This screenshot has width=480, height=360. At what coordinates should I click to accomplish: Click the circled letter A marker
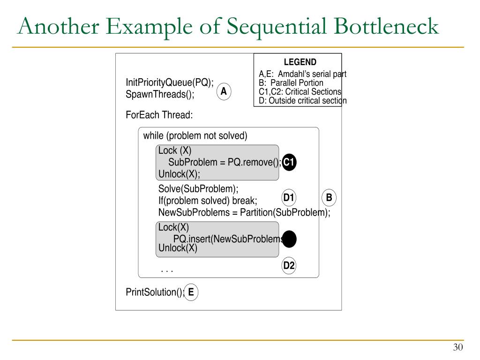click(x=224, y=92)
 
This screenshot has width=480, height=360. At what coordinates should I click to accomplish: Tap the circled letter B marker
click(x=329, y=198)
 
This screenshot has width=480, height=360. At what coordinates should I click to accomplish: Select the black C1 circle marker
click(x=289, y=162)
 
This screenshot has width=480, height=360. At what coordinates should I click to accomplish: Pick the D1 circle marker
click(x=289, y=198)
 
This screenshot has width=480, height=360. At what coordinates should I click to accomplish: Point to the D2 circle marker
click(x=289, y=266)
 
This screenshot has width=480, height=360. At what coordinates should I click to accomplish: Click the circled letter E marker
click(x=191, y=292)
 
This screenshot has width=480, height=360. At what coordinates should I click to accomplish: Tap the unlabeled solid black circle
click(x=290, y=239)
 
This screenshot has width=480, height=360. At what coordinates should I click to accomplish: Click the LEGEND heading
click(x=300, y=62)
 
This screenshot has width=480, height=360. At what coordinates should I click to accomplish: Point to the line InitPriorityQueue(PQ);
click(x=170, y=82)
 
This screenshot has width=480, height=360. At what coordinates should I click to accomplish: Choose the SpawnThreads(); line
click(x=160, y=94)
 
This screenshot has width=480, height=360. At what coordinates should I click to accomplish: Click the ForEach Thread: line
click(x=159, y=115)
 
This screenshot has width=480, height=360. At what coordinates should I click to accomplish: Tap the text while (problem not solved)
click(x=195, y=136)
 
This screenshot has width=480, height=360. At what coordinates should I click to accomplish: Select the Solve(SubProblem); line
click(x=198, y=189)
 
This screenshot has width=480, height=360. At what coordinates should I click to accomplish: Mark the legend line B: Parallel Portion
click(x=291, y=83)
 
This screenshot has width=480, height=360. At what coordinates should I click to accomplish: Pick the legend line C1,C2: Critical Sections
click(x=300, y=92)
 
